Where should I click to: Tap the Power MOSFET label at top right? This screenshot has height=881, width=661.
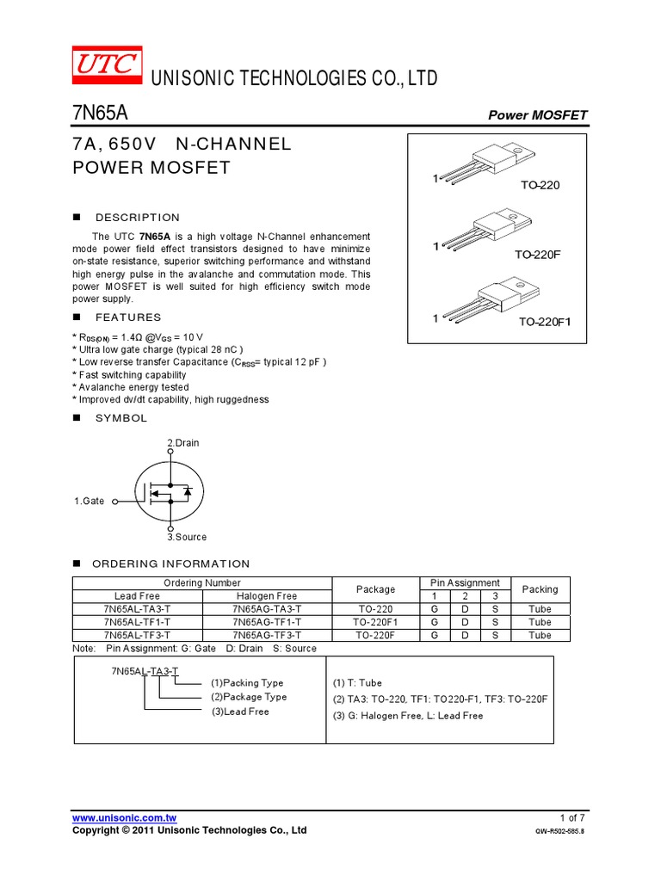point(537,115)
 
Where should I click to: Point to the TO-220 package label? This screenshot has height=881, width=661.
point(540,185)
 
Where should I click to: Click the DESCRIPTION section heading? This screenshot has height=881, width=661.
point(138,218)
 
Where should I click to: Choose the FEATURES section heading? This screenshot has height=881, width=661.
point(128,317)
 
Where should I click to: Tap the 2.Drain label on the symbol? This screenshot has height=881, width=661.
point(183,443)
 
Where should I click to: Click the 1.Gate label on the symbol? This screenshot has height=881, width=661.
point(90,501)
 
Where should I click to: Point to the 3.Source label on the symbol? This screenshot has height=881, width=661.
point(187,537)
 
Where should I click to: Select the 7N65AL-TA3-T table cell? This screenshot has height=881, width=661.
point(137,609)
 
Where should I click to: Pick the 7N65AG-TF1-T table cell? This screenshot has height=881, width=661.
point(267,622)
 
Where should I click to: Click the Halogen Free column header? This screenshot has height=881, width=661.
point(267,596)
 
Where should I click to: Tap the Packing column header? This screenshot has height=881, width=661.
point(540,589)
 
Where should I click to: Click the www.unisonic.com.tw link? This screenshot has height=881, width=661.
point(124,817)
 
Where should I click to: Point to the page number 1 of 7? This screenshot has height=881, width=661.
point(571,817)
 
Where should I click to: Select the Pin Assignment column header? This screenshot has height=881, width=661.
point(465,583)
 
